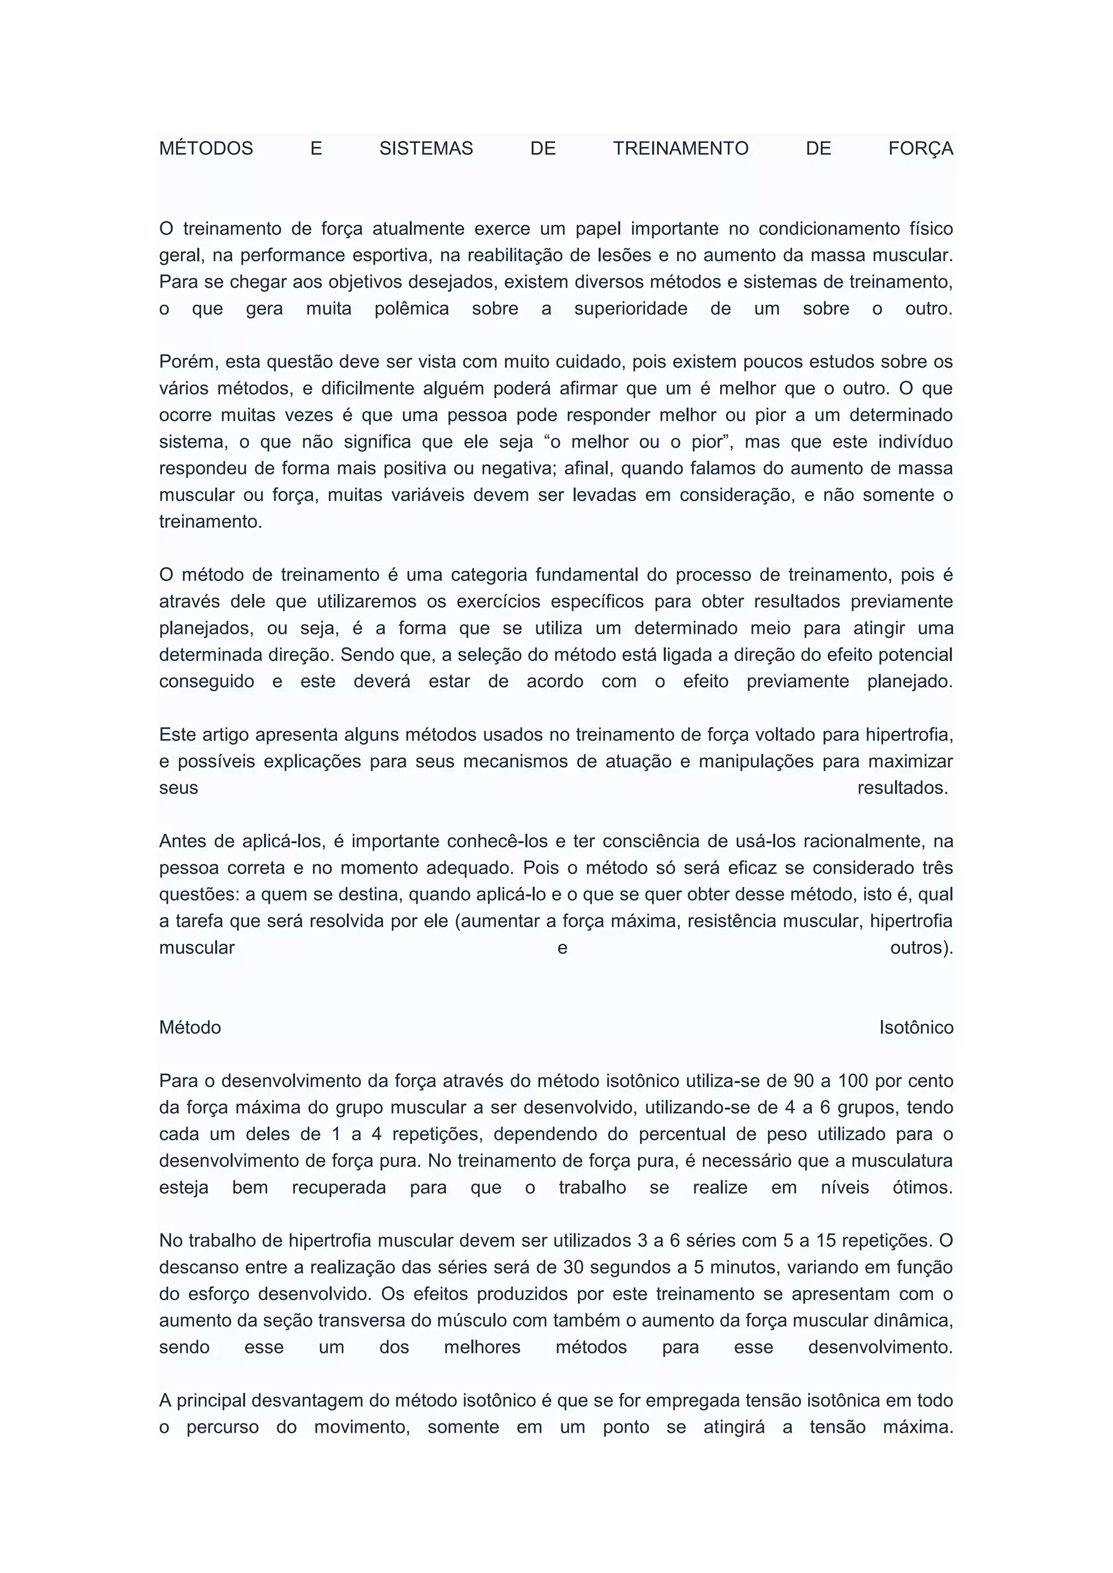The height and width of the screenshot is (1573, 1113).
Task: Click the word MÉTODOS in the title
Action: click(205, 149)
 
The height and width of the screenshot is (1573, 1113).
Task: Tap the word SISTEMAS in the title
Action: click(426, 149)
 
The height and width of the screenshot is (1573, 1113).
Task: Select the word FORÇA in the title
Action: click(921, 149)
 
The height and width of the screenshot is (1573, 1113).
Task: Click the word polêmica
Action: click(411, 309)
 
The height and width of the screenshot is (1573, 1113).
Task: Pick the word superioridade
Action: click(630, 309)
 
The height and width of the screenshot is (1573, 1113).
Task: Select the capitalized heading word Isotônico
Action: click(916, 1028)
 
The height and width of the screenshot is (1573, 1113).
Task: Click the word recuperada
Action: click(339, 1188)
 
